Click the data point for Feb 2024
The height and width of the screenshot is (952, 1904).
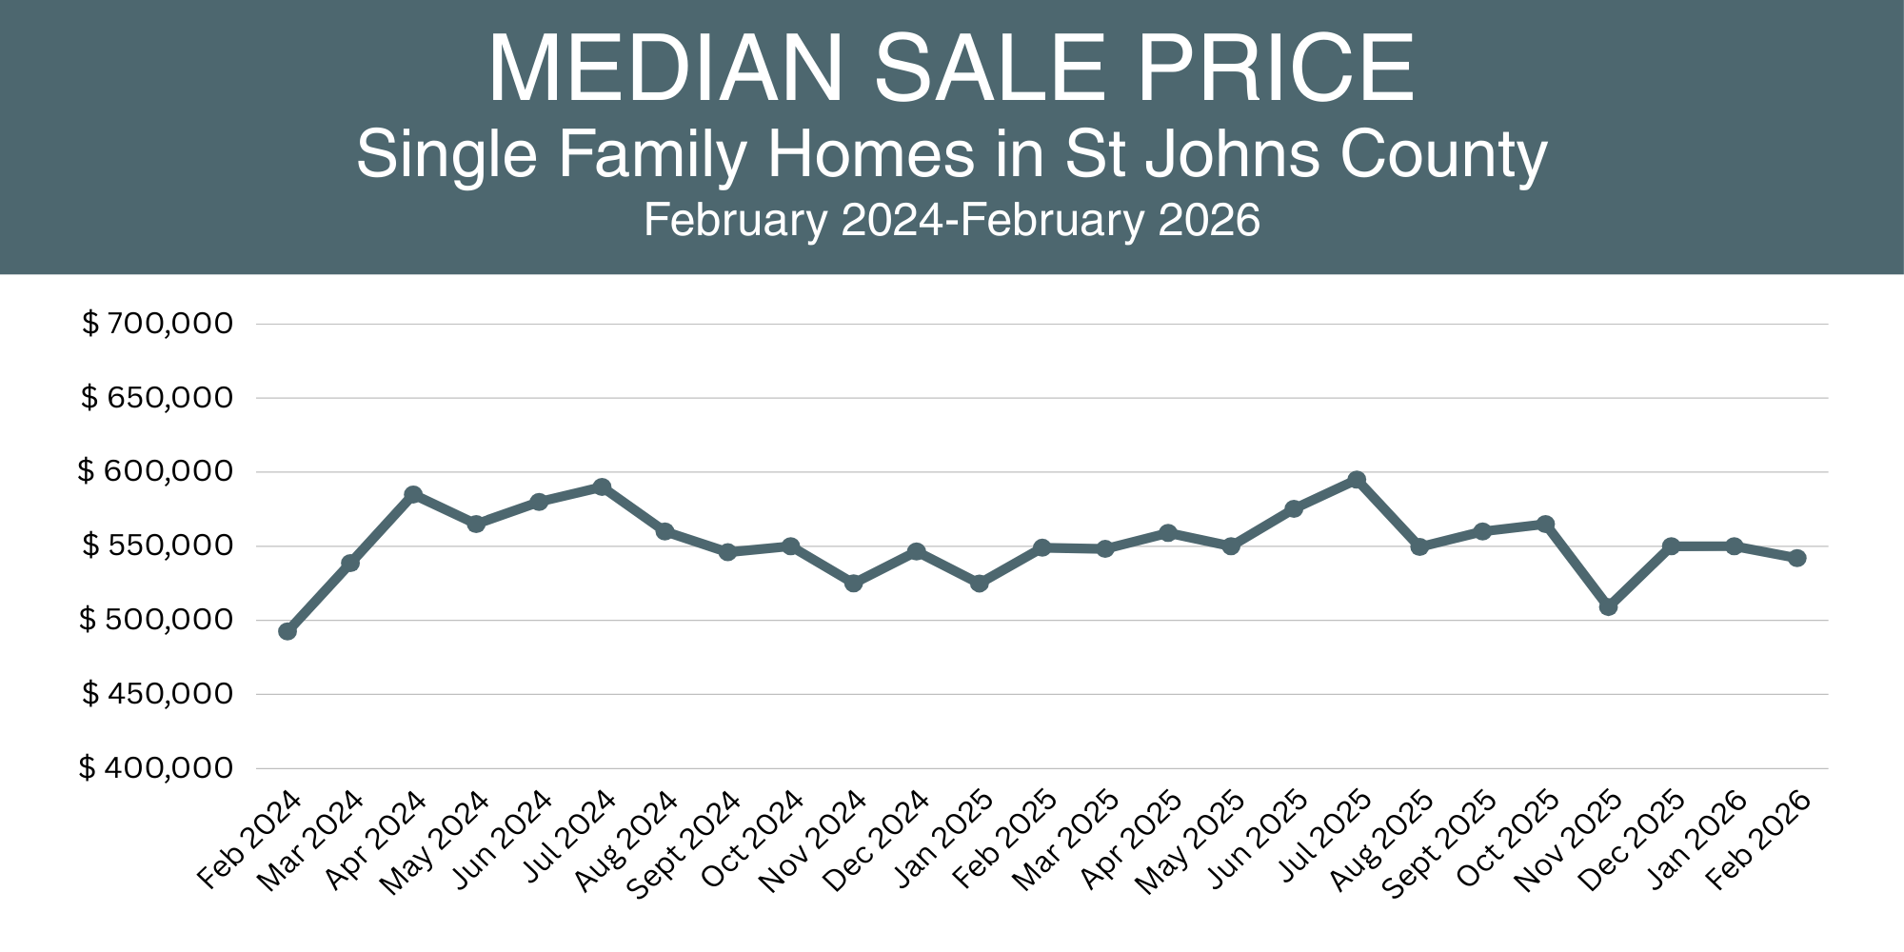288,631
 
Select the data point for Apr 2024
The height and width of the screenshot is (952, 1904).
413,494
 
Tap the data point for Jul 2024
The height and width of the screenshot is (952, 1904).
602,486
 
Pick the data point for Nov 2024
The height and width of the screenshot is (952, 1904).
853,583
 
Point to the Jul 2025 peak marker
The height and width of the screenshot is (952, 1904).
1357,479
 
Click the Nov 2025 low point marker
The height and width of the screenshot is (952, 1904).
1608,606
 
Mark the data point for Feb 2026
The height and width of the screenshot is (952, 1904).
1797,558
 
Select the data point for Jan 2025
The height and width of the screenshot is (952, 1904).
979,583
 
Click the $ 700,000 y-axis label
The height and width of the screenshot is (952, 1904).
157,324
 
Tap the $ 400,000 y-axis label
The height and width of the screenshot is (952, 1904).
156,768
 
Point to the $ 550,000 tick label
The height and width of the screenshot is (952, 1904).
157,545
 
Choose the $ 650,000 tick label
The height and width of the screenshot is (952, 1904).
157,398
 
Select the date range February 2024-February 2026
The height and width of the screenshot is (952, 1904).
952,220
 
